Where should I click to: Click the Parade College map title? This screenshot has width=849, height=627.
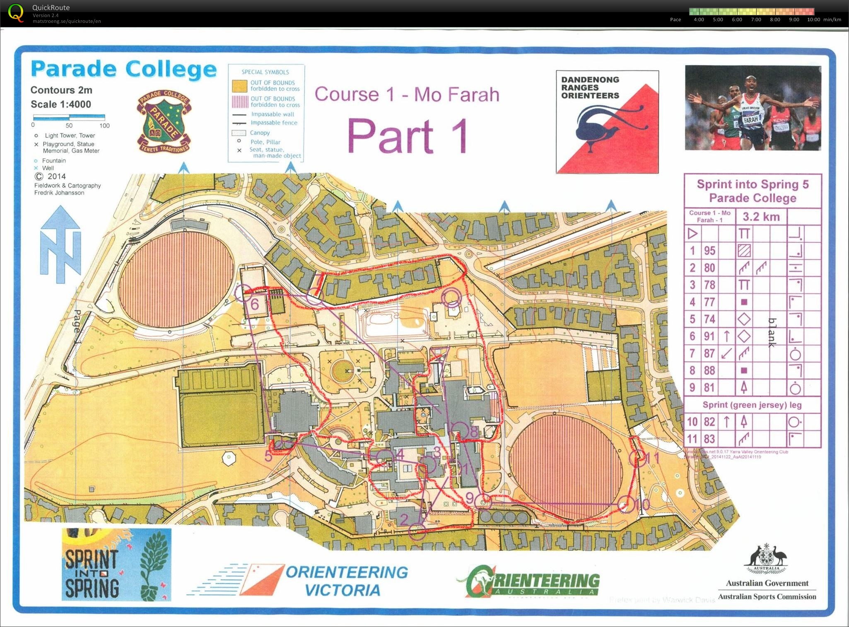tap(123, 69)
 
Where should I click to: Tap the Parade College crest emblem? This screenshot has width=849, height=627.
tap(164, 121)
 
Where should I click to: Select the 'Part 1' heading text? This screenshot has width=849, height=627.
tap(408, 136)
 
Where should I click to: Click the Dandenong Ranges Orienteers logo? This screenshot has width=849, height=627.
tap(607, 122)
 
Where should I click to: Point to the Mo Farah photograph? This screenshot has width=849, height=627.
tap(753, 107)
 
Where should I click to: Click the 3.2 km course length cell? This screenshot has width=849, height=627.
tap(761, 217)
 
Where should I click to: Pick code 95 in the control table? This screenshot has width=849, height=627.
tap(709, 251)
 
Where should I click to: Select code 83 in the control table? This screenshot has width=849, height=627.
tap(709, 439)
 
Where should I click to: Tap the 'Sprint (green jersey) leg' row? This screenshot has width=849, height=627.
tap(752, 405)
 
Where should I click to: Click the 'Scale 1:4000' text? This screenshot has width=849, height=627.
tap(61, 104)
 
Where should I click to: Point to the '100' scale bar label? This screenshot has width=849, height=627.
tap(104, 125)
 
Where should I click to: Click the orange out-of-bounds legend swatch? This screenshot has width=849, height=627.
tap(239, 86)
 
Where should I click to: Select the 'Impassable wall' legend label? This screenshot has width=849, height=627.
tap(273, 114)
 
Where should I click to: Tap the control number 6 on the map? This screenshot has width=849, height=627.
tap(255, 304)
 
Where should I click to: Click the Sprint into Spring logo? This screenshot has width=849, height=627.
tap(116, 564)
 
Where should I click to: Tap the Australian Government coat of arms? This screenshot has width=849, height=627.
tap(767, 560)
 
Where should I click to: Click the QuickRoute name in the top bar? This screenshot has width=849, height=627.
tap(51, 7)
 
